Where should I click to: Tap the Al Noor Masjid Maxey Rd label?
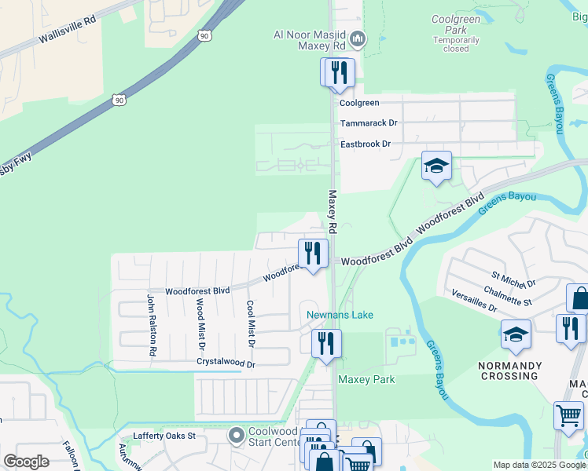point(311,39)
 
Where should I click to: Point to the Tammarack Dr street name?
point(369,123)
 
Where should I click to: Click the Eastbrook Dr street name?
point(365,144)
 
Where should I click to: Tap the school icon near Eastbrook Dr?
point(436,166)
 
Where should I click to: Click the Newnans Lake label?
point(340,315)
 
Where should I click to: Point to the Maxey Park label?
point(366,379)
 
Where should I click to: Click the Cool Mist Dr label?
point(251,323)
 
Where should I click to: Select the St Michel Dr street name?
point(513,279)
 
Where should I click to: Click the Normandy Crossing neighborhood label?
point(509,371)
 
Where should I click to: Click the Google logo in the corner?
point(26,462)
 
